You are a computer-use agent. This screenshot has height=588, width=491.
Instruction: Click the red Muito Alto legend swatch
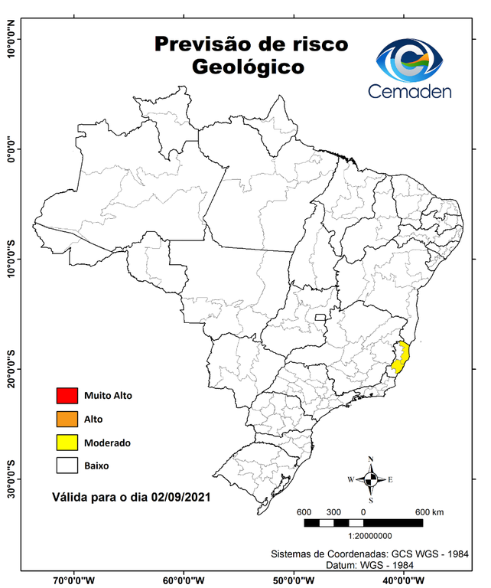(x=67, y=396)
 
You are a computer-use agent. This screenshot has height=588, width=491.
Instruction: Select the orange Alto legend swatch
(x=67, y=419)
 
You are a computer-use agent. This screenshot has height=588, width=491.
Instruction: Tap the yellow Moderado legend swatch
(x=67, y=443)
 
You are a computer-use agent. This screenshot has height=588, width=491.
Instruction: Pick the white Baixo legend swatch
(x=67, y=465)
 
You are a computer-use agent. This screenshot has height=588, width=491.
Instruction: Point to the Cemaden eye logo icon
(x=414, y=60)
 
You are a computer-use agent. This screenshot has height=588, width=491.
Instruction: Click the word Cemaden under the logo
(x=410, y=91)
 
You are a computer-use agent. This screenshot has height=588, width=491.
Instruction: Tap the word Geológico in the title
(x=248, y=67)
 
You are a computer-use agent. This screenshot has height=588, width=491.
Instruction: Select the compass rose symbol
(x=370, y=479)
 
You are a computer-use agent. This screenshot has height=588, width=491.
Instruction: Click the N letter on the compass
(x=371, y=459)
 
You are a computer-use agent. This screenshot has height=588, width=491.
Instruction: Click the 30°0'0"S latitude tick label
(x=11, y=479)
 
